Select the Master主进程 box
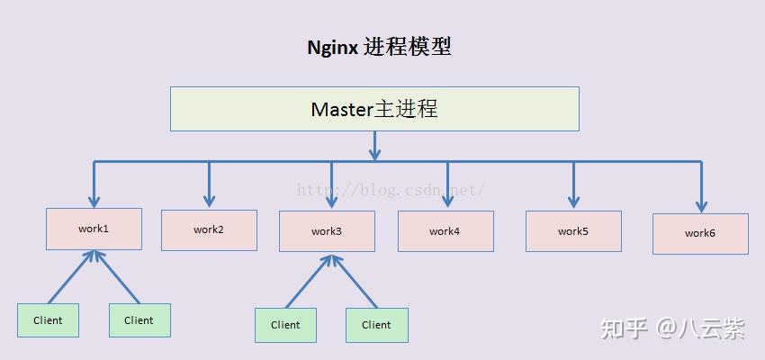(x=374, y=109)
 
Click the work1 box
(x=94, y=229)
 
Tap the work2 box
(x=209, y=229)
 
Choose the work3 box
(x=327, y=231)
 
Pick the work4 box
(x=445, y=231)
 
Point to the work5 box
(x=573, y=231)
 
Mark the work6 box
(x=700, y=233)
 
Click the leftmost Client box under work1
(x=48, y=320)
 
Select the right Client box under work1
(x=139, y=320)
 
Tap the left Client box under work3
(x=285, y=325)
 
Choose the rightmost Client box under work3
(x=377, y=325)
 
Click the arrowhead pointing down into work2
(x=209, y=200)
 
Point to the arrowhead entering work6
(x=701, y=205)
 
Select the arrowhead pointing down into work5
(x=573, y=202)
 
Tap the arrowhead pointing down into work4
(x=446, y=202)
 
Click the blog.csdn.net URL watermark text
(x=391, y=190)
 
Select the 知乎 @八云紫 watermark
(x=673, y=328)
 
